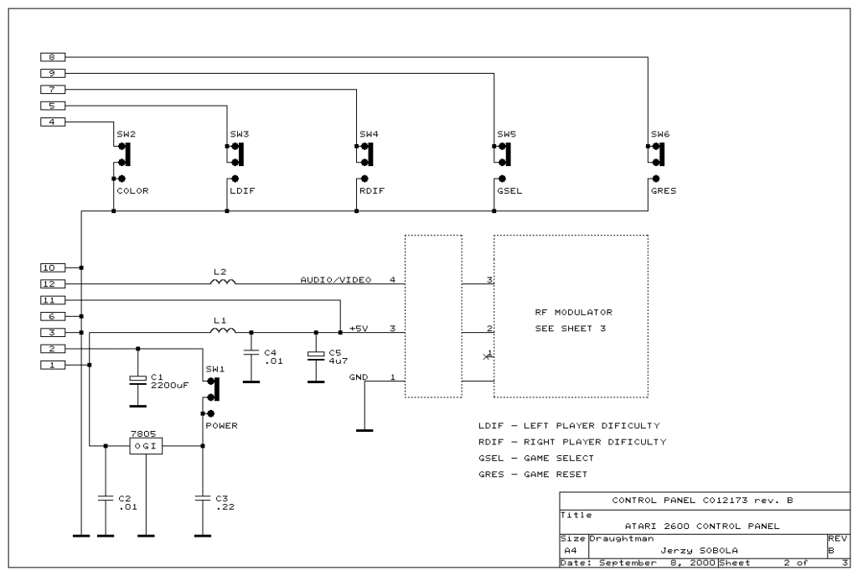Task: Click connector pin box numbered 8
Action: pos(53,57)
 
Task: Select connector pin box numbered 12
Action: pos(53,283)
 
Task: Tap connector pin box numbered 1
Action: pos(53,365)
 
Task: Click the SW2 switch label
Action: pos(126,133)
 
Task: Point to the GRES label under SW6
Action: pos(664,190)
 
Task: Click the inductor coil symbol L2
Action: pos(223,282)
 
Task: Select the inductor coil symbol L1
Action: pos(223,330)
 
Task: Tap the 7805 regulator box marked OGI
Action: pos(146,446)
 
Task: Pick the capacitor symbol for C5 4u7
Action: pos(316,355)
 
